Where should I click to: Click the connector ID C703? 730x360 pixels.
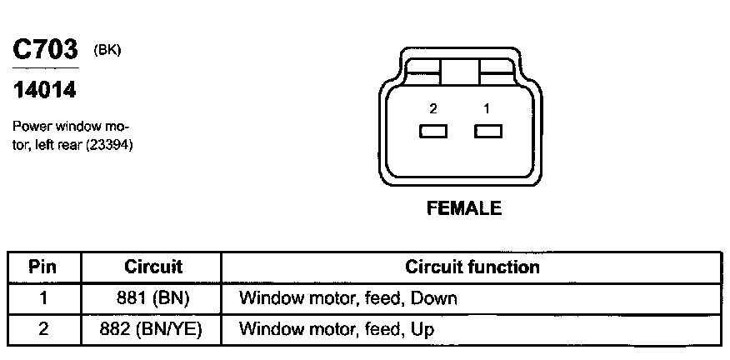(45, 50)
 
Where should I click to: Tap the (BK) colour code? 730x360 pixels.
(108, 49)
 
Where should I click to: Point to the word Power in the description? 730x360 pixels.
(30, 127)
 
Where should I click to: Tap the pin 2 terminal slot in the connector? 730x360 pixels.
(433, 131)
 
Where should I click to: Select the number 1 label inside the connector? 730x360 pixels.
(487, 108)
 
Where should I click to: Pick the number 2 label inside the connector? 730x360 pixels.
(433, 108)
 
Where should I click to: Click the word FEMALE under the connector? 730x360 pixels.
(464, 208)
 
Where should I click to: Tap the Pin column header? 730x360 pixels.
(42, 267)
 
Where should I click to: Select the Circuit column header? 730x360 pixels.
(152, 267)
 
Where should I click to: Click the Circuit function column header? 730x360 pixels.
(472, 267)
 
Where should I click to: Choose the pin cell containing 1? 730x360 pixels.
(42, 297)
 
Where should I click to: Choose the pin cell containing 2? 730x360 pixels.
(42, 328)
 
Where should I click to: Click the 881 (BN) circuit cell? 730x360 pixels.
(152, 297)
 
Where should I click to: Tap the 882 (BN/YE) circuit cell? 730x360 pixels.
(152, 328)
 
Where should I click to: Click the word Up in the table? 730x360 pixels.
(422, 329)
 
